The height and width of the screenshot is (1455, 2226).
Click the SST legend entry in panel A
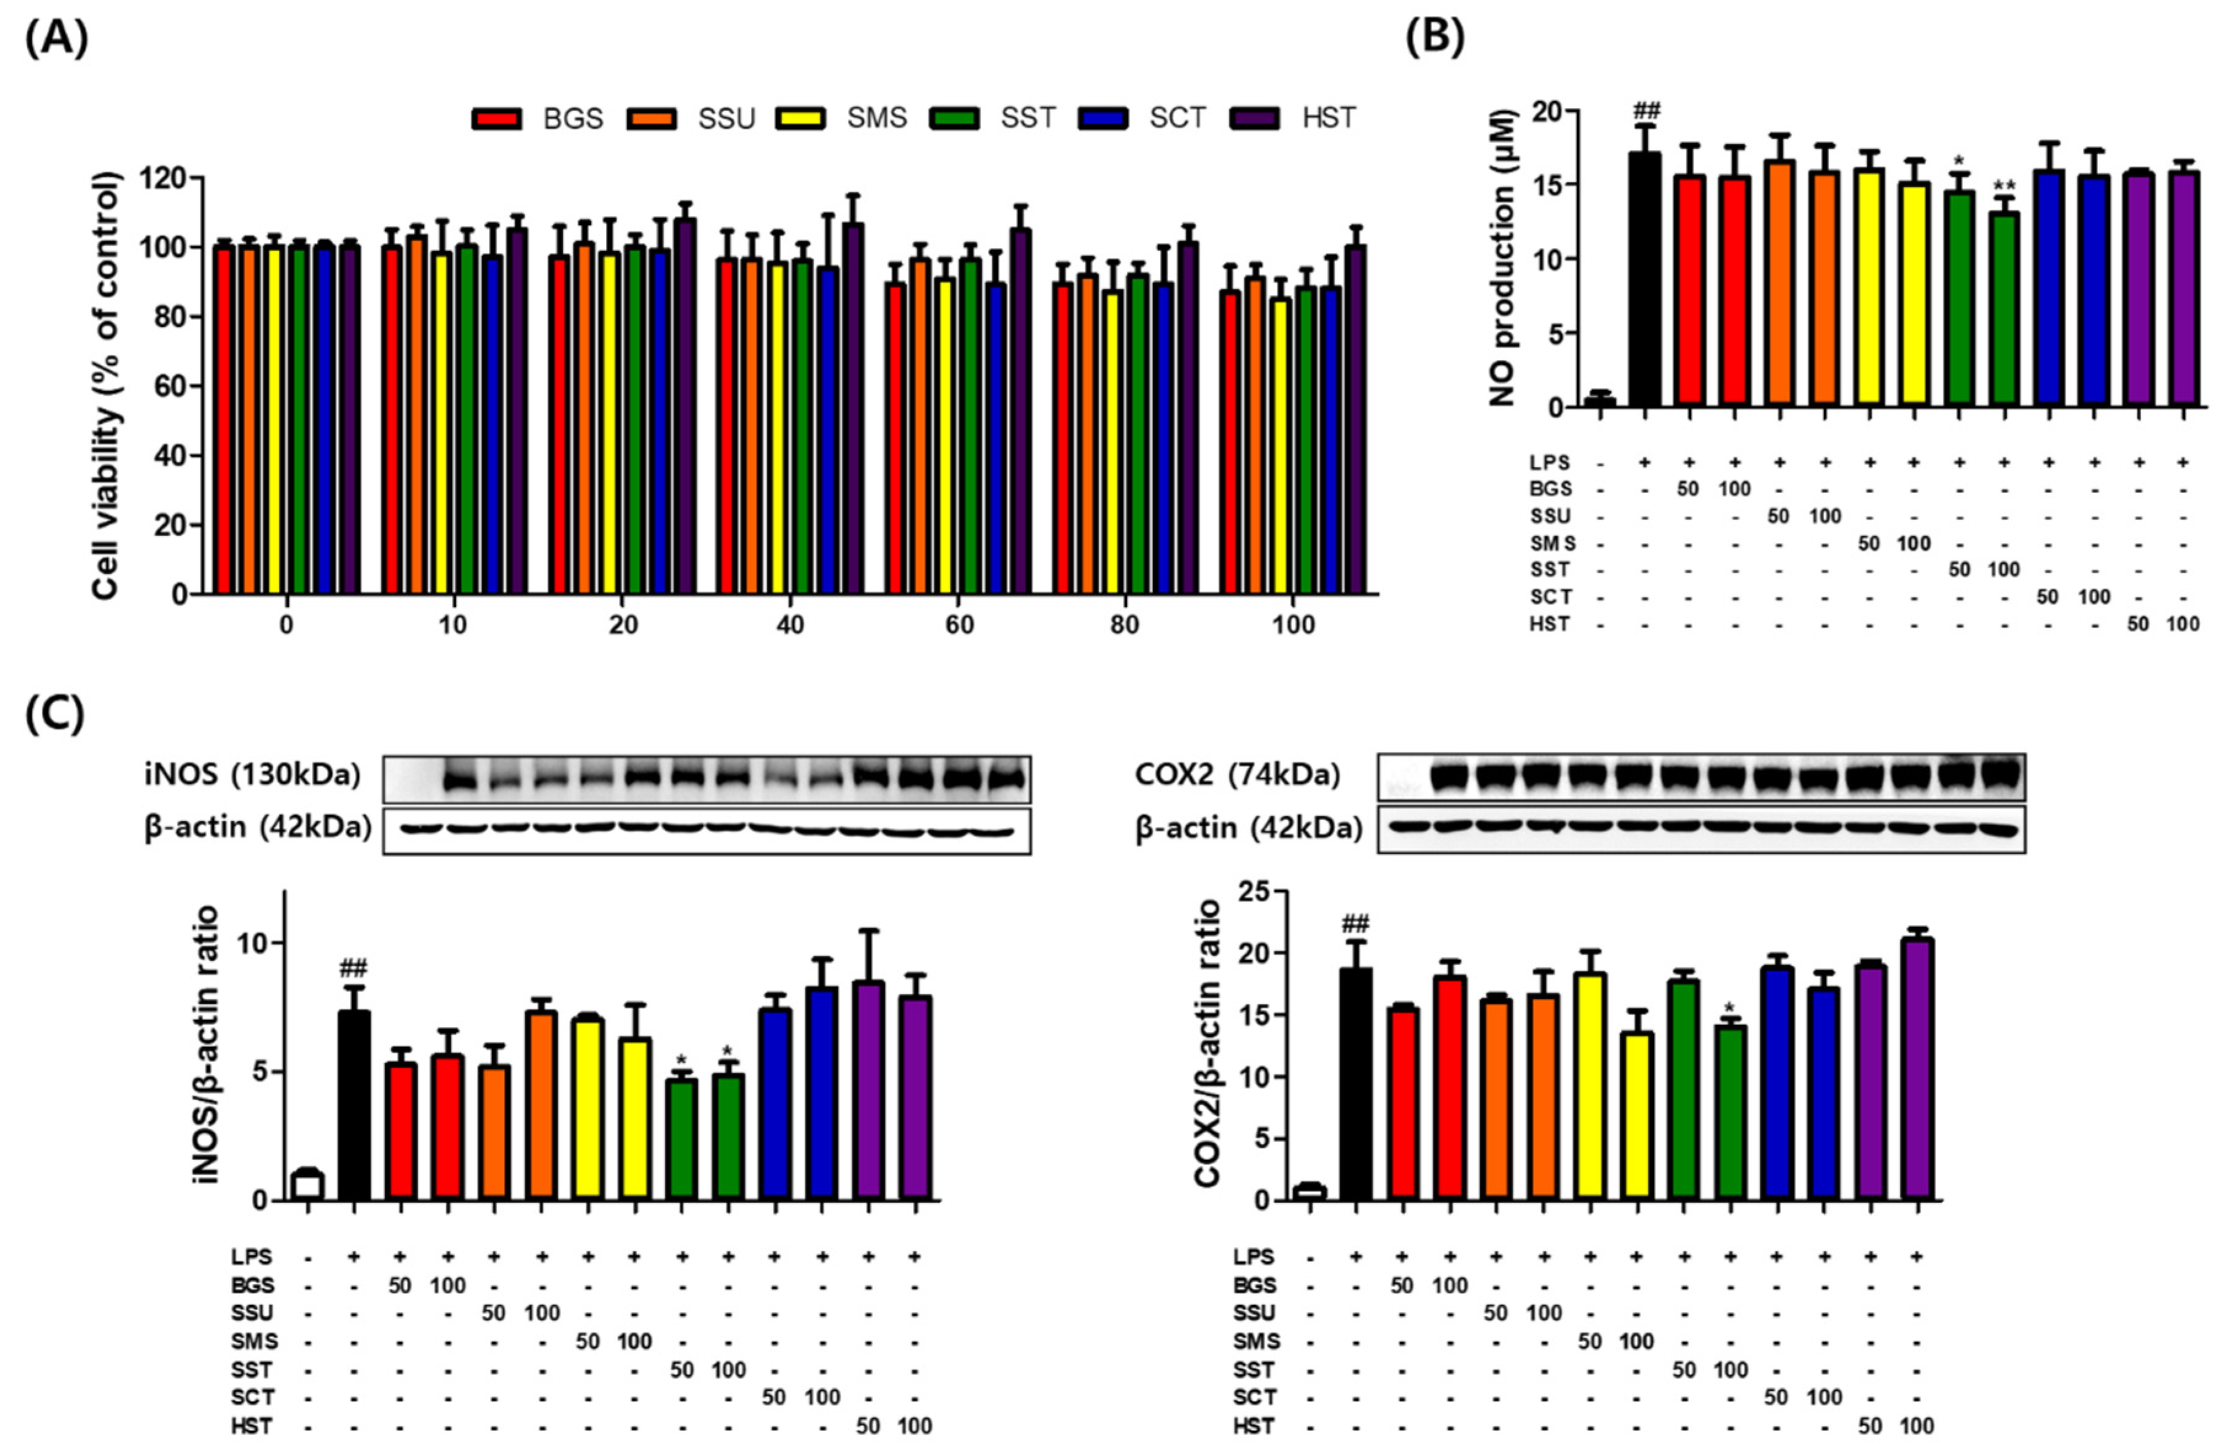pyautogui.click(x=1027, y=118)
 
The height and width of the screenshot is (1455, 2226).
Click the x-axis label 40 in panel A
pyautogui.click(x=790, y=625)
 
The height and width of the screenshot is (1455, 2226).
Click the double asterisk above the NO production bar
pyautogui.click(x=2004, y=185)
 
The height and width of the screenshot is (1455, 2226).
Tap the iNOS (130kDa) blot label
pyautogui.click(x=253, y=775)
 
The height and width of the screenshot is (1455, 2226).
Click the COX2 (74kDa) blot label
pyautogui.click(x=1236, y=775)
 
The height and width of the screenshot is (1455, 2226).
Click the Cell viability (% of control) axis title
pyautogui.click(x=108, y=385)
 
